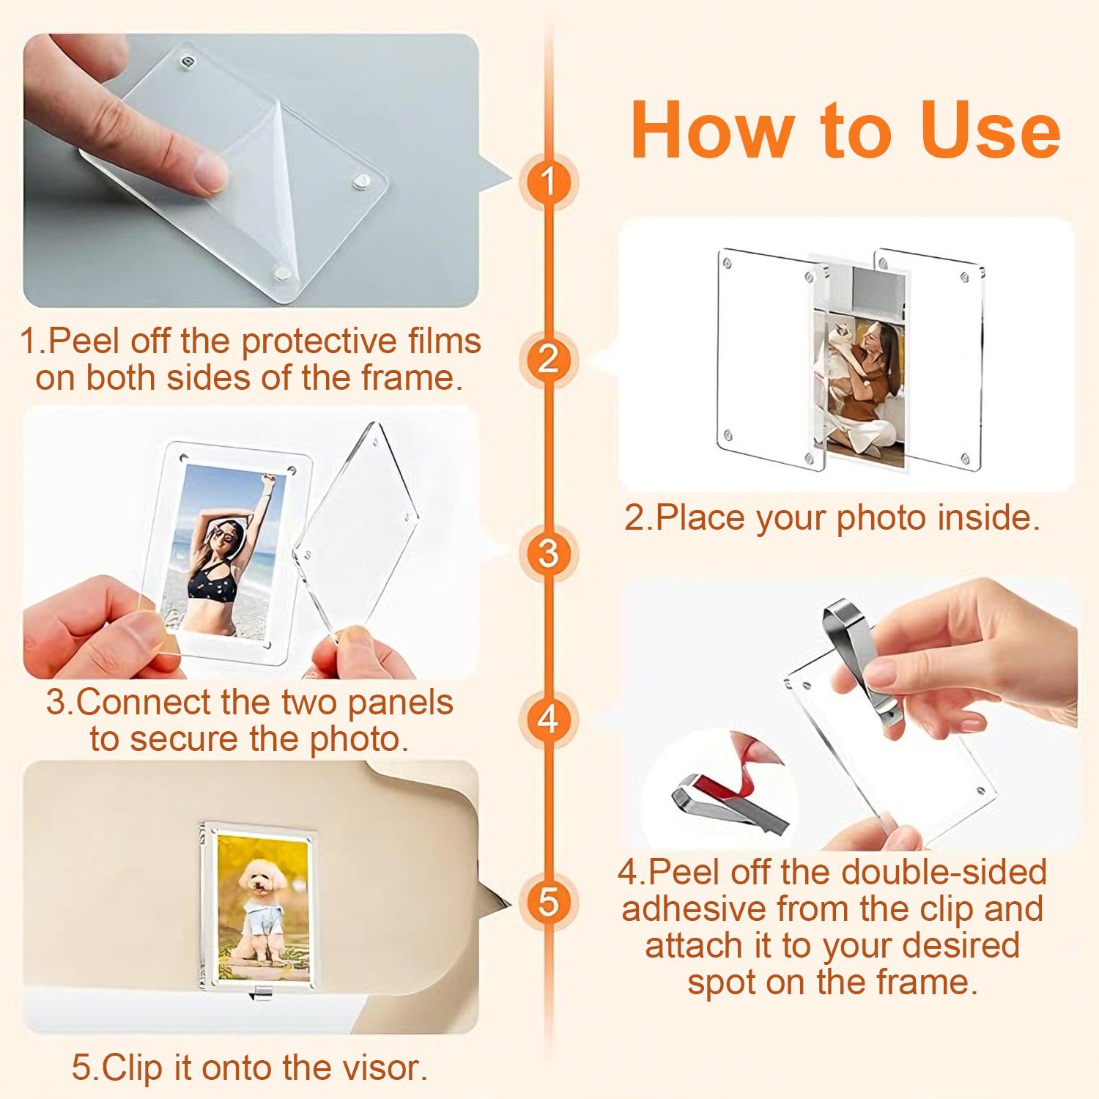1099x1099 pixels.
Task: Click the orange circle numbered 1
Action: tap(548, 181)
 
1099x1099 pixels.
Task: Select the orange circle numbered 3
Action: tap(548, 552)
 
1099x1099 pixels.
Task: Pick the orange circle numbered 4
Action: tap(548, 719)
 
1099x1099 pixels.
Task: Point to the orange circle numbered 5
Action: tap(548, 901)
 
